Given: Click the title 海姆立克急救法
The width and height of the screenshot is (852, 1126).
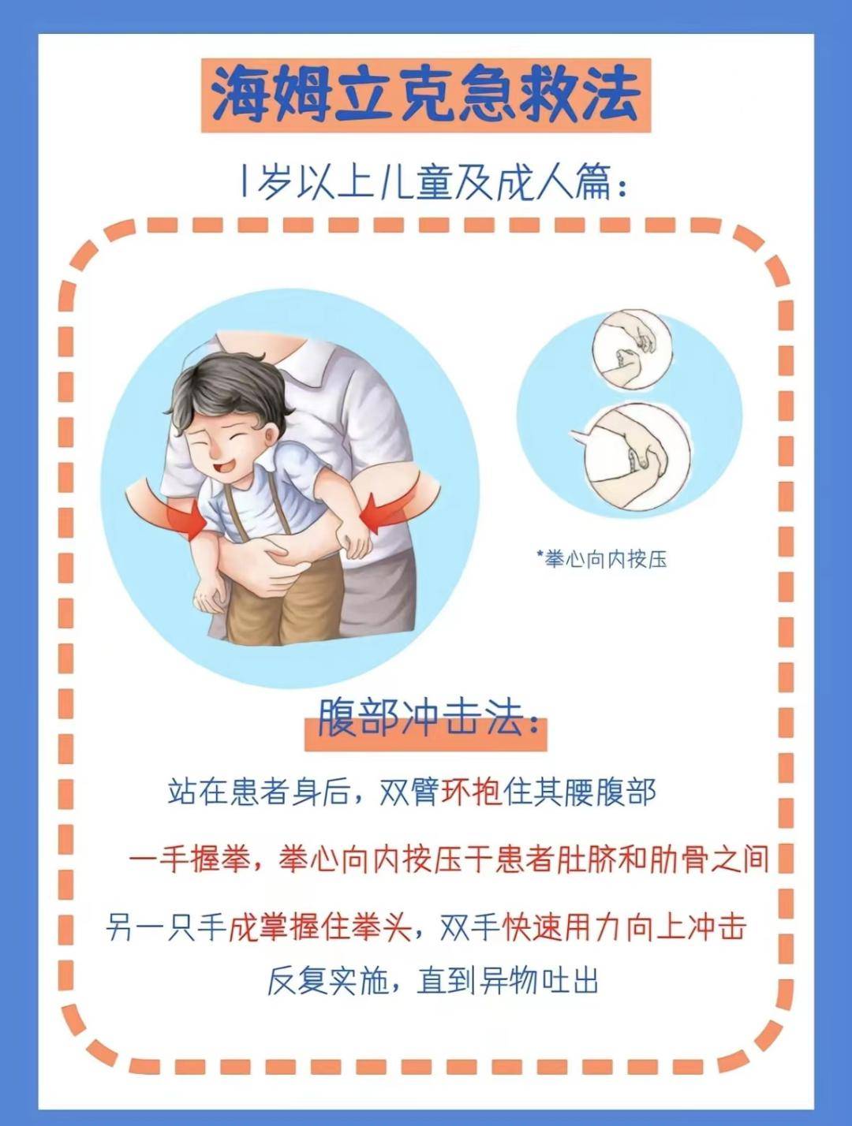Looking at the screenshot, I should point(426,95).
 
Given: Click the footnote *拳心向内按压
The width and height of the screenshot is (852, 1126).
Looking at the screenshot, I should point(603,559).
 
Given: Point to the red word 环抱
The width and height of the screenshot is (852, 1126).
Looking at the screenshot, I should point(471,791).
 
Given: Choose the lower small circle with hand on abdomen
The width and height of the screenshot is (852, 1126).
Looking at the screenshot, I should point(636,455).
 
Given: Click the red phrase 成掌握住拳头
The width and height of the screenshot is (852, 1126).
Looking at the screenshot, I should point(319,927).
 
